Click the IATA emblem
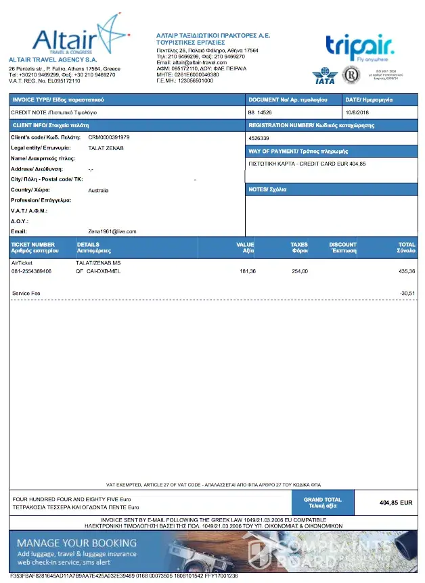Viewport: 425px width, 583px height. (324, 76)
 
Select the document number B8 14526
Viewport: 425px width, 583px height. (260, 112)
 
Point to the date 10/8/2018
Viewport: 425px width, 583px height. (356, 112)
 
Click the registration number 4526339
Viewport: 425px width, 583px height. (259, 138)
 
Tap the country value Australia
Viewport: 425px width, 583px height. (98, 191)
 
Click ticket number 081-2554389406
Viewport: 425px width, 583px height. (31, 271)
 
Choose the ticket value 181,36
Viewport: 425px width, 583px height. (248, 271)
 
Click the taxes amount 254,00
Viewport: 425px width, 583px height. (299, 271)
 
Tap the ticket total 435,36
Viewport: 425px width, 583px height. (407, 271)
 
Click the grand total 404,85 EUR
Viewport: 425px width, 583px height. (396, 503)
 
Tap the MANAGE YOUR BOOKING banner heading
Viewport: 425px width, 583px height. (76, 543)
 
